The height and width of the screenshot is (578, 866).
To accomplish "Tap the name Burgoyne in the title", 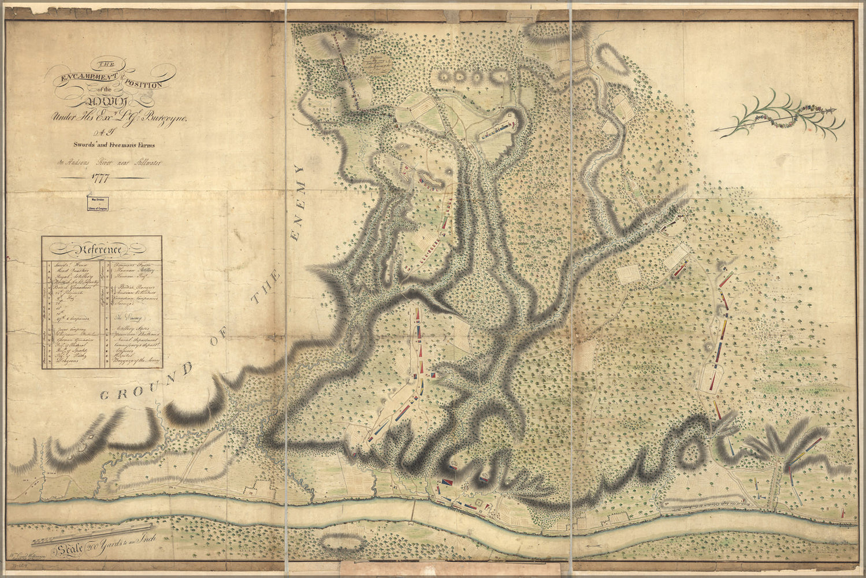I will pos(168,118).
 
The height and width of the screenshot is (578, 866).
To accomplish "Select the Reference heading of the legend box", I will pos(95,250).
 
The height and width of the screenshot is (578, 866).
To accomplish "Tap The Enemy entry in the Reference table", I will pos(128,317).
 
